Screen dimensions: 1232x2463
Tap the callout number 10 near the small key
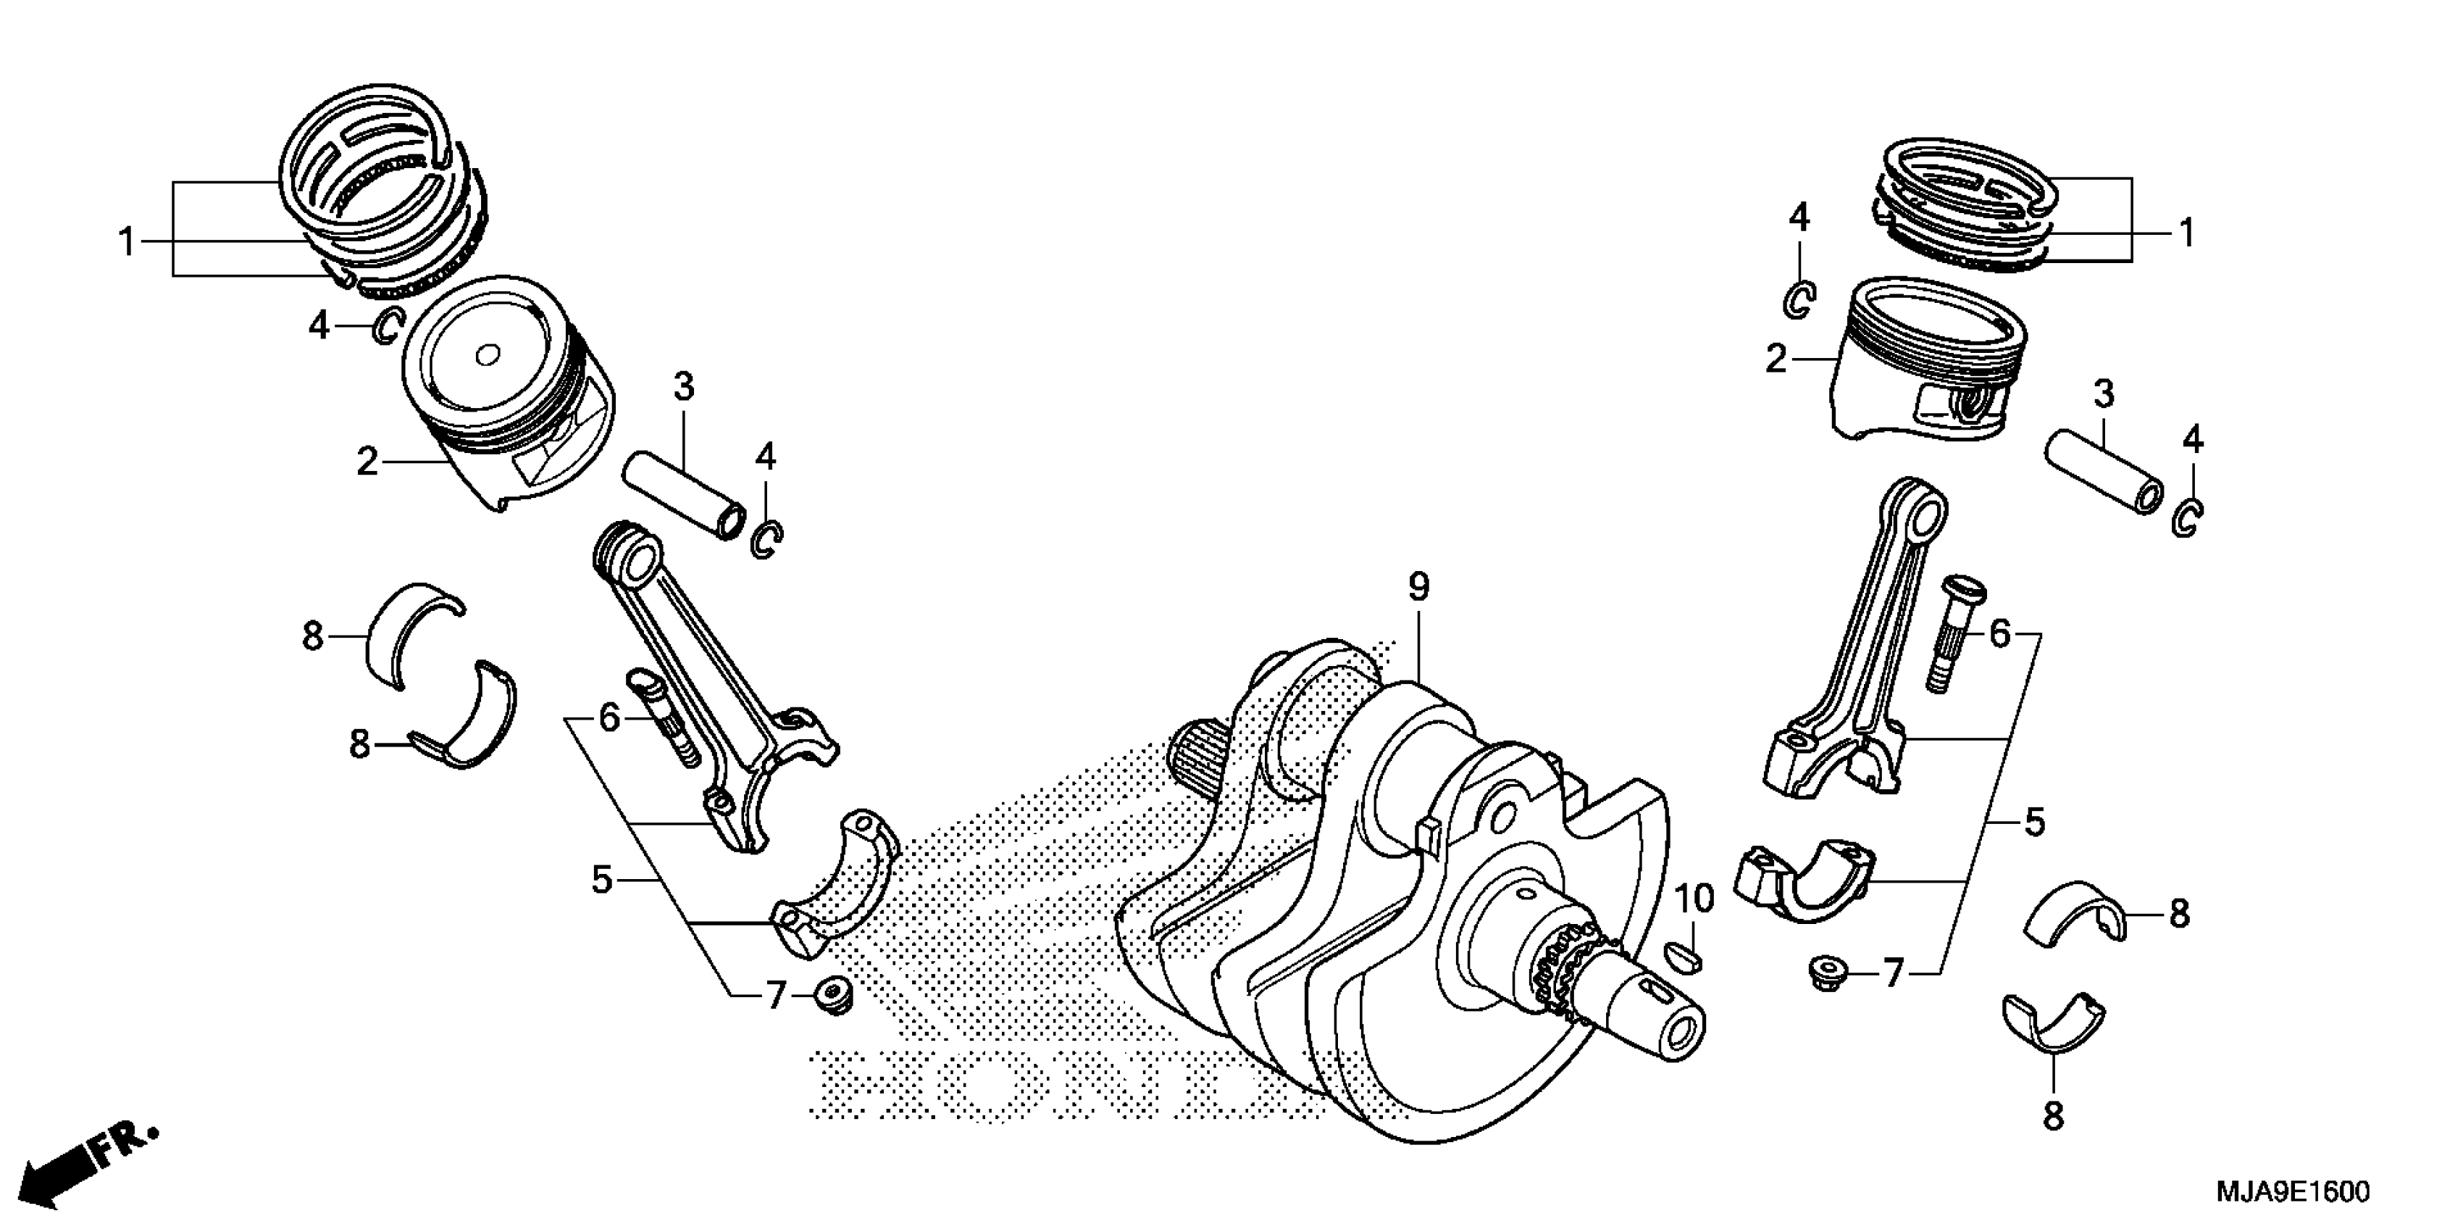pos(1694,900)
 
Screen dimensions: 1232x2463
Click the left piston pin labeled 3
pos(684,496)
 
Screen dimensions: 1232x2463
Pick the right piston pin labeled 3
pos(2102,473)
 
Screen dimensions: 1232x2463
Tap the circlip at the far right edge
pos(2188,517)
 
